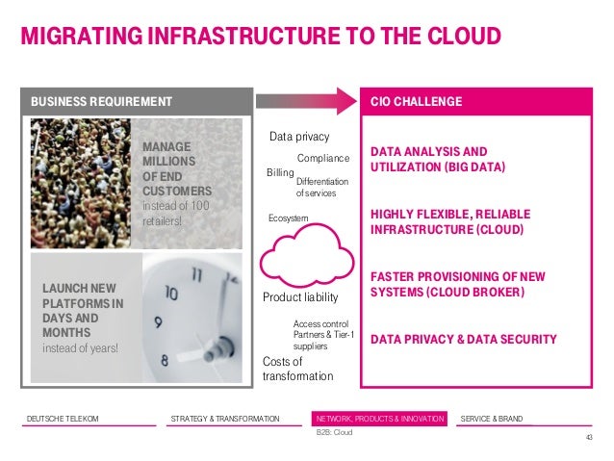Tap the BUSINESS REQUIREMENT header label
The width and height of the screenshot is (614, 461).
pos(101,101)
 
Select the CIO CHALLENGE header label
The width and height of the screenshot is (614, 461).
pos(416,101)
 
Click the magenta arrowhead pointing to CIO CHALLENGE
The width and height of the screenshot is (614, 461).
pos(347,100)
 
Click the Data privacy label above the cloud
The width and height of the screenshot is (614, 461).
pos(299,138)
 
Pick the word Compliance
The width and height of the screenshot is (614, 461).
pos(322,157)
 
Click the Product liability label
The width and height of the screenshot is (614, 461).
pos(303,298)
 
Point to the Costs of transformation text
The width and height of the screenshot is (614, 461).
pos(297,369)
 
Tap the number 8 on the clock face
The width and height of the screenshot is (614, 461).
pos(165,362)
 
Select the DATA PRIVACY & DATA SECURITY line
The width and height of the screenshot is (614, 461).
pos(463,339)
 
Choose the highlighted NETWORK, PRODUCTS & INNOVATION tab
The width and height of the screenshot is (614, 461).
pos(380,418)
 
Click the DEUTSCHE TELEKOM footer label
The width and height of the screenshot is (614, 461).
pos(63,418)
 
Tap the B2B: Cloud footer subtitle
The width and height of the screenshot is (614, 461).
pos(335,433)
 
